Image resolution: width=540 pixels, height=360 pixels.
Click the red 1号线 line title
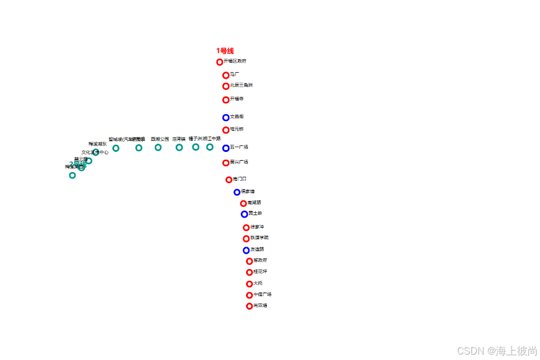(225, 51)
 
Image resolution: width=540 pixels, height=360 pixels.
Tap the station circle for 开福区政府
(220, 62)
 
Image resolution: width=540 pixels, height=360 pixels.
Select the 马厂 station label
(234, 74)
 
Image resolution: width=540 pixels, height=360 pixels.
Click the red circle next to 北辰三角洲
(226, 86)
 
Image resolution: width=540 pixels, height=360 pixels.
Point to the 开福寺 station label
(237, 99)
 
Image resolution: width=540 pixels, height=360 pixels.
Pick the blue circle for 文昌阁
(226, 118)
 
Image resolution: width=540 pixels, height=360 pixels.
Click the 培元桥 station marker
(226, 130)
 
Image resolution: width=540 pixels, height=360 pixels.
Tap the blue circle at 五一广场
(226, 148)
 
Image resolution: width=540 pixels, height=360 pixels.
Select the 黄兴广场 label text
(239, 162)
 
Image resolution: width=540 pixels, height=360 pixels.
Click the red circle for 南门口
(229, 180)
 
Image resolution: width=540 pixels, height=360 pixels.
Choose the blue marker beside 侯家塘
(237, 192)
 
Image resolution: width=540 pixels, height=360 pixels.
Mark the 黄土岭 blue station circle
(244, 214)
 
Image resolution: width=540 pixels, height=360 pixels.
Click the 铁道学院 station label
(259, 238)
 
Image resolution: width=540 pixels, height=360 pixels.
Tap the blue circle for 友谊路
(246, 251)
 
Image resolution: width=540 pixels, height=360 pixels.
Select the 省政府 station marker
(250, 261)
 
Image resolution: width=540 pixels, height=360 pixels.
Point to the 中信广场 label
(262, 294)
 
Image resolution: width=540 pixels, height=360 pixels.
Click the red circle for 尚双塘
(250, 306)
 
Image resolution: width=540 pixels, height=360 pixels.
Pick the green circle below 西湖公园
(158, 147)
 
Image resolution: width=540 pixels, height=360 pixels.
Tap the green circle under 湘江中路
(210, 147)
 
